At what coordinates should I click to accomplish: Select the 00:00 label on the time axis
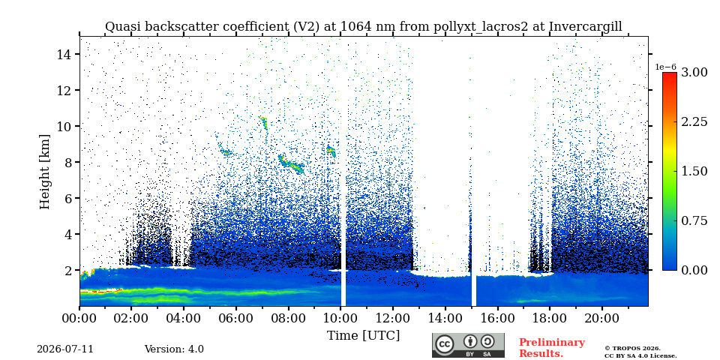(79, 318)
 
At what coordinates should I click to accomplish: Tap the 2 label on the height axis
(69, 271)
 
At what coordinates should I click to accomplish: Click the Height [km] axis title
(44, 172)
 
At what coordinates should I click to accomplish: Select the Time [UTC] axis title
(363, 336)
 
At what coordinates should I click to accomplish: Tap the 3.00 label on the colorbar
(694, 73)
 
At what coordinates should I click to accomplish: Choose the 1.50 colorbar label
(694, 171)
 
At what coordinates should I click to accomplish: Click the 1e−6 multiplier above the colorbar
(665, 67)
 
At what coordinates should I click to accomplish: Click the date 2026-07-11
(65, 349)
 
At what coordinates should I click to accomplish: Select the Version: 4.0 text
(174, 349)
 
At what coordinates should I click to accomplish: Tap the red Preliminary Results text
(552, 348)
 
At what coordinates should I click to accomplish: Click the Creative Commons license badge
(468, 345)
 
